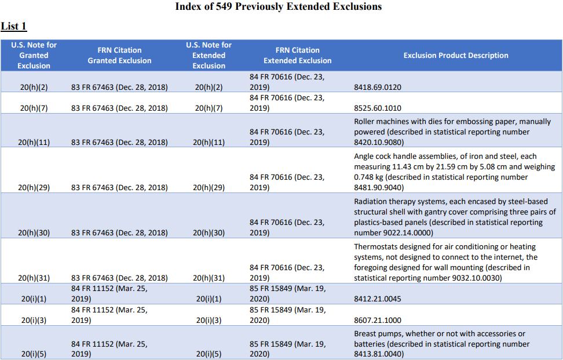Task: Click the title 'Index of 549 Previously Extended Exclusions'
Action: pyautogui.click(x=278, y=7)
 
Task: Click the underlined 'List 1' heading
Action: pyautogui.click(x=14, y=27)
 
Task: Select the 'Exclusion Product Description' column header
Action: pyautogui.click(x=456, y=56)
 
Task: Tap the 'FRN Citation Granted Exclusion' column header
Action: pyautogui.click(x=119, y=56)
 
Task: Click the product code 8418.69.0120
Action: pyautogui.click(x=378, y=88)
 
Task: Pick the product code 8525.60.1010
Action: pyautogui.click(x=378, y=108)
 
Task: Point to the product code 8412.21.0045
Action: pyautogui.click(x=378, y=299)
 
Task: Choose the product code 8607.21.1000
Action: pyautogui.click(x=378, y=321)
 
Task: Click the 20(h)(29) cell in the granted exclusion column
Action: pyautogui.click(x=34, y=188)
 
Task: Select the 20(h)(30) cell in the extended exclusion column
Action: pyautogui.click(x=209, y=233)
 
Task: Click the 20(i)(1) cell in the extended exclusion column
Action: pyautogui.click(x=209, y=299)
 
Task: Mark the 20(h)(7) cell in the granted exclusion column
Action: pyautogui.click(x=34, y=108)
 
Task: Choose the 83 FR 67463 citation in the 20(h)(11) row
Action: pyautogui.click(x=119, y=143)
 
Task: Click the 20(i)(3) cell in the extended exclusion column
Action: pyautogui.click(x=209, y=321)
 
